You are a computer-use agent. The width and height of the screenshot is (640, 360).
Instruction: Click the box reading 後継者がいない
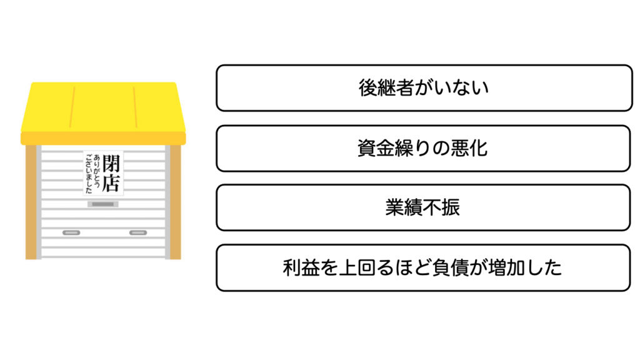click(x=424, y=88)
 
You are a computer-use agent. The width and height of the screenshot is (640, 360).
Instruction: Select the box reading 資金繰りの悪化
click(x=424, y=148)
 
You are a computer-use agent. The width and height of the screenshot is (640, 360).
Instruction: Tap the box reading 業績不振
click(x=424, y=207)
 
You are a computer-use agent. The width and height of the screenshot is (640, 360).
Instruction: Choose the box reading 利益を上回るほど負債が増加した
click(x=424, y=267)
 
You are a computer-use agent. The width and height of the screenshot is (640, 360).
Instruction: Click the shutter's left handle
click(x=71, y=232)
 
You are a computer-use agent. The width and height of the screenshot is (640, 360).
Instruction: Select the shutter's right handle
click(x=137, y=232)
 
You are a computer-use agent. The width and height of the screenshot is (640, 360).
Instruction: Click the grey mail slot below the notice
click(x=104, y=204)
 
